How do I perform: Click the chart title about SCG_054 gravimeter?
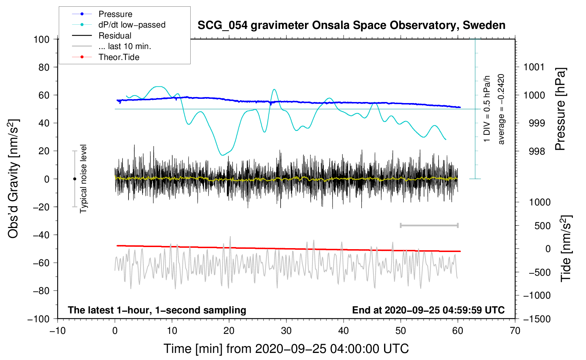point(351,25)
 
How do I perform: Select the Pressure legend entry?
point(115,14)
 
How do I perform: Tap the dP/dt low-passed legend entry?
point(132,25)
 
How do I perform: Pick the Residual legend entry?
point(115,36)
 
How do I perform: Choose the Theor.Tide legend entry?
point(119,57)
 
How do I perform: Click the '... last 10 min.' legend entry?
point(125,46)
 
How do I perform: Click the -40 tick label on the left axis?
point(41,235)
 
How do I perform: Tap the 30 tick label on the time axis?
point(286,331)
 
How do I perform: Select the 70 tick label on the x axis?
point(515,331)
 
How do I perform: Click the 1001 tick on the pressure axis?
point(534,67)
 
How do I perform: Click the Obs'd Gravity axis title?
point(13,179)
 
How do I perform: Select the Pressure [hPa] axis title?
point(560,109)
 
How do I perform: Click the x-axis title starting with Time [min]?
point(286,349)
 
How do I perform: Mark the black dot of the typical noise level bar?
point(74,179)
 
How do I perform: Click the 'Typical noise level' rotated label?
point(83,179)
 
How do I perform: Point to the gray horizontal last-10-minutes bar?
point(429,225)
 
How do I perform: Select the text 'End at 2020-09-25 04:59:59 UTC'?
point(428,310)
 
